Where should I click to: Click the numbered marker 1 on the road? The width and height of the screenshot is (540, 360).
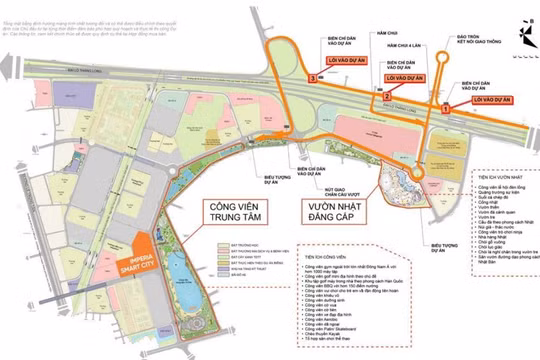click(443, 104)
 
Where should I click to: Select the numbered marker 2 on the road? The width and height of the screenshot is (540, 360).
click(386, 96)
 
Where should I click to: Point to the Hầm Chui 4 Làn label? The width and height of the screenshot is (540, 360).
click(405, 46)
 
